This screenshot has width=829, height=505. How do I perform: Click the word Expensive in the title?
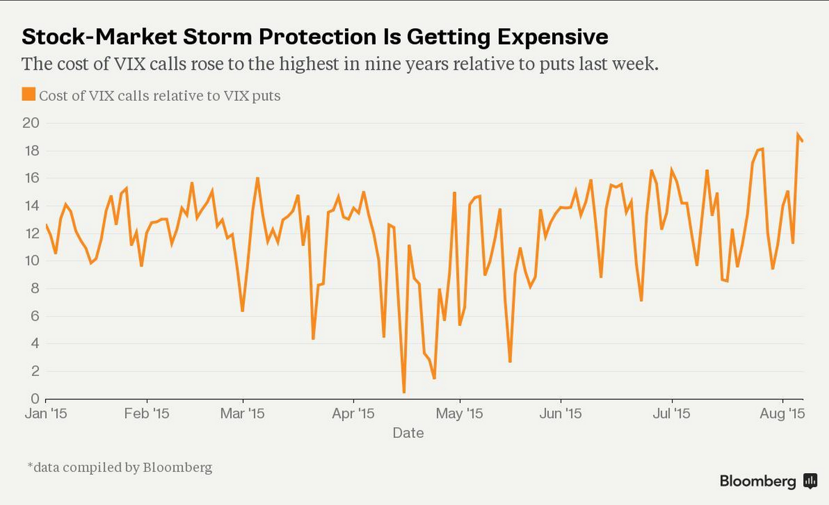(x=552, y=37)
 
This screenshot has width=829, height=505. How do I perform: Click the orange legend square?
(x=28, y=94)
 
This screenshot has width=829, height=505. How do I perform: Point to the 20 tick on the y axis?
(x=31, y=123)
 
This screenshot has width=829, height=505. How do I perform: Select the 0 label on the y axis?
(x=35, y=399)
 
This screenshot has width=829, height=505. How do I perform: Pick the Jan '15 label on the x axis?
(x=46, y=413)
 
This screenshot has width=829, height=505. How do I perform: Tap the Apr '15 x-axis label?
(x=353, y=413)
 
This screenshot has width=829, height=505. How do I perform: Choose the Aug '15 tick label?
(x=782, y=413)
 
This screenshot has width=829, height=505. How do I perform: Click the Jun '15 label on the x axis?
(x=560, y=413)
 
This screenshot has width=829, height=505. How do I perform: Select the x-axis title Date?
(x=408, y=433)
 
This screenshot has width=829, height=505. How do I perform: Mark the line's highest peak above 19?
(x=798, y=134)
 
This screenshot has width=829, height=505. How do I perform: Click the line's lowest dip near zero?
(x=404, y=392)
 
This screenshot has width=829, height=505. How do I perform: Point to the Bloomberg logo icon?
(x=810, y=481)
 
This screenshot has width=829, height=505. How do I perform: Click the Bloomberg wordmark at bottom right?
(x=758, y=481)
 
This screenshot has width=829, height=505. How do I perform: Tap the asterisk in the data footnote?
(x=30, y=466)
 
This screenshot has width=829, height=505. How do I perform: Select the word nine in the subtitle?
(x=383, y=64)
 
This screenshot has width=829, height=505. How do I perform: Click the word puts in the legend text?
(x=266, y=96)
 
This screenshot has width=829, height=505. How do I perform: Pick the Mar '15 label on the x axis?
(x=242, y=413)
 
